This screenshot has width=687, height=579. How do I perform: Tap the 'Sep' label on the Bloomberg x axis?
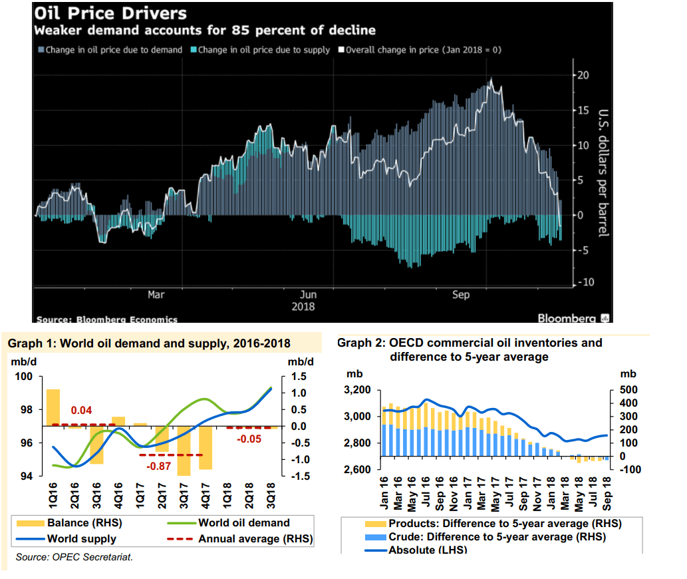(461, 295)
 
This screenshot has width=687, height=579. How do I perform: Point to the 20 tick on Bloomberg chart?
(583, 75)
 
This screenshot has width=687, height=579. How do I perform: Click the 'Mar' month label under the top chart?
(156, 294)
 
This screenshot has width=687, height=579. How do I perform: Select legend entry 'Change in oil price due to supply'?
(264, 50)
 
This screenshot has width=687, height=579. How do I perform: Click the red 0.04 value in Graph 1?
(81, 411)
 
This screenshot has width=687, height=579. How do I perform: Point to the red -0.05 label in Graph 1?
(250, 439)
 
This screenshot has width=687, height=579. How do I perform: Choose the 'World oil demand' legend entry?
(243, 523)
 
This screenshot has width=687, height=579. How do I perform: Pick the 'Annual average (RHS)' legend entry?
(255, 538)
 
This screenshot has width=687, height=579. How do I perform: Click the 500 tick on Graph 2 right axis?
(628, 390)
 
